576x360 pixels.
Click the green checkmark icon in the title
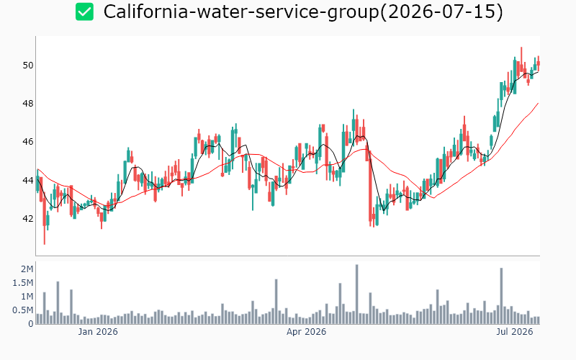[84, 12]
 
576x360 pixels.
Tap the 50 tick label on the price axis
[28, 66]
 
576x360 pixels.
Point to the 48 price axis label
[28, 104]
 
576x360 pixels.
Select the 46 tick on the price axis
[28, 142]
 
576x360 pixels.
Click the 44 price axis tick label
[28, 181]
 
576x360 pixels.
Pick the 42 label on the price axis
[28, 219]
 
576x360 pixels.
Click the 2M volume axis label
[27, 269]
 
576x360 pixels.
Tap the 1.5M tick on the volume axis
[23, 283]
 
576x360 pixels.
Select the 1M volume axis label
[27, 297]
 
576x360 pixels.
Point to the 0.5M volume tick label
[23, 310]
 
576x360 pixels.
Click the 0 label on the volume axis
[31, 324]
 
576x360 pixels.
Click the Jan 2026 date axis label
[98, 332]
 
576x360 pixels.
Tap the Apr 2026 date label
[307, 332]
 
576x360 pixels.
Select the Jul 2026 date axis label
[514, 332]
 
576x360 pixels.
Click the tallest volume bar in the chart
[356, 294]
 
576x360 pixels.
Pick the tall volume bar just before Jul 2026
[501, 296]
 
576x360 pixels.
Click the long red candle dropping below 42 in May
[370, 186]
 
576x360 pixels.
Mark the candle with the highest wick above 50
[521, 60]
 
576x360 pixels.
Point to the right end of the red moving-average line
[539, 103]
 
